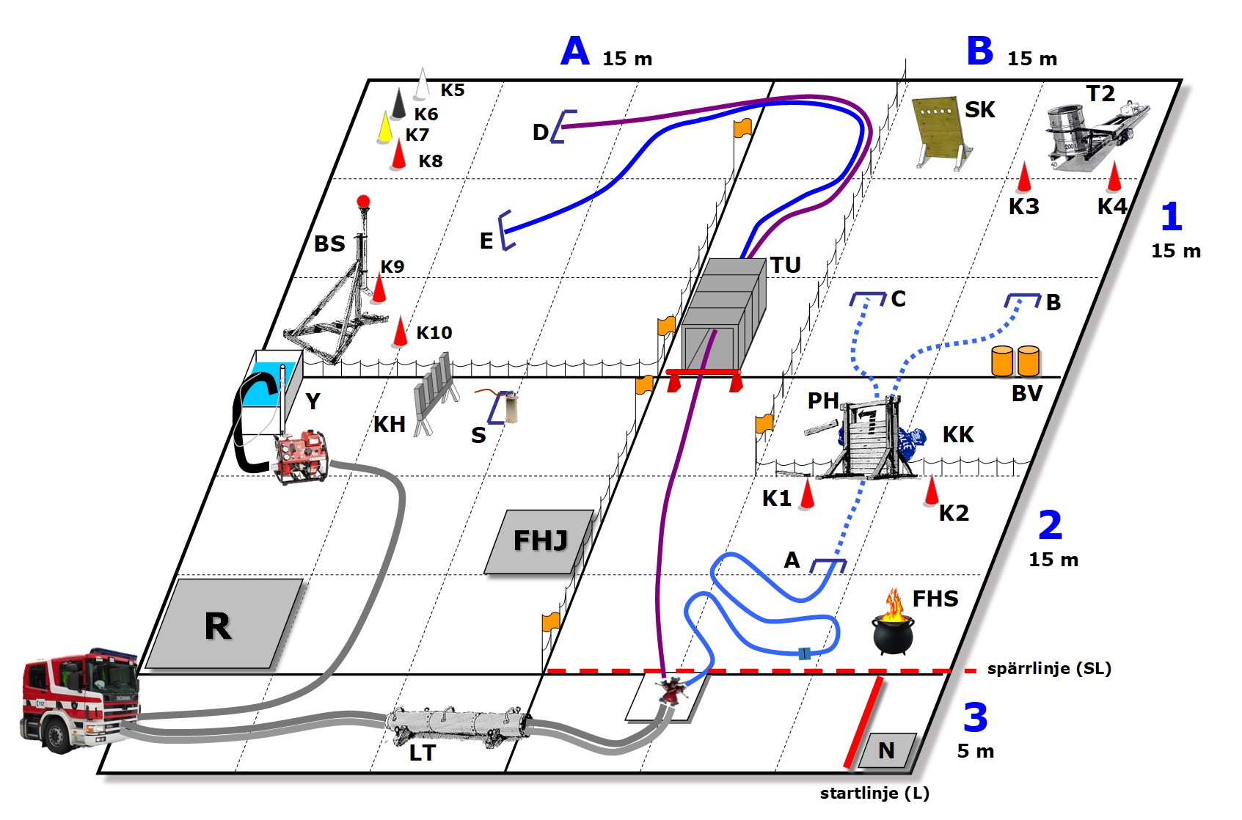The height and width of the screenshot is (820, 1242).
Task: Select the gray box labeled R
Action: tap(224, 623)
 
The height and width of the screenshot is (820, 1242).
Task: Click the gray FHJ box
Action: tap(540, 541)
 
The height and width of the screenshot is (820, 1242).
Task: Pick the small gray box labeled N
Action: tap(887, 750)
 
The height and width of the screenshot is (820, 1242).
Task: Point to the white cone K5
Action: tap(422, 85)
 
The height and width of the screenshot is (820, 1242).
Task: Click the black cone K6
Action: tap(398, 105)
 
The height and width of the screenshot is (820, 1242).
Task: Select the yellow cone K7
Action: tap(384, 128)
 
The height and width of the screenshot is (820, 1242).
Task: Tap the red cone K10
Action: tap(400, 332)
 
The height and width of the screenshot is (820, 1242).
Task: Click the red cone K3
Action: tap(1023, 178)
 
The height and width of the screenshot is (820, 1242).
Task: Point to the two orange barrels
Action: tap(1015, 362)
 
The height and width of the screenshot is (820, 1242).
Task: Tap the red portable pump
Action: tap(301, 457)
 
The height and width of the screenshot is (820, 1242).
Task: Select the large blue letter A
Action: tap(575, 52)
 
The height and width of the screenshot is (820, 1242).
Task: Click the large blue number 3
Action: tap(975, 718)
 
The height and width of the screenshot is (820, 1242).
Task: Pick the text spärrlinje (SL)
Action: tap(1049, 668)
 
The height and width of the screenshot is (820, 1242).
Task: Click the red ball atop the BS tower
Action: tap(362, 202)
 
